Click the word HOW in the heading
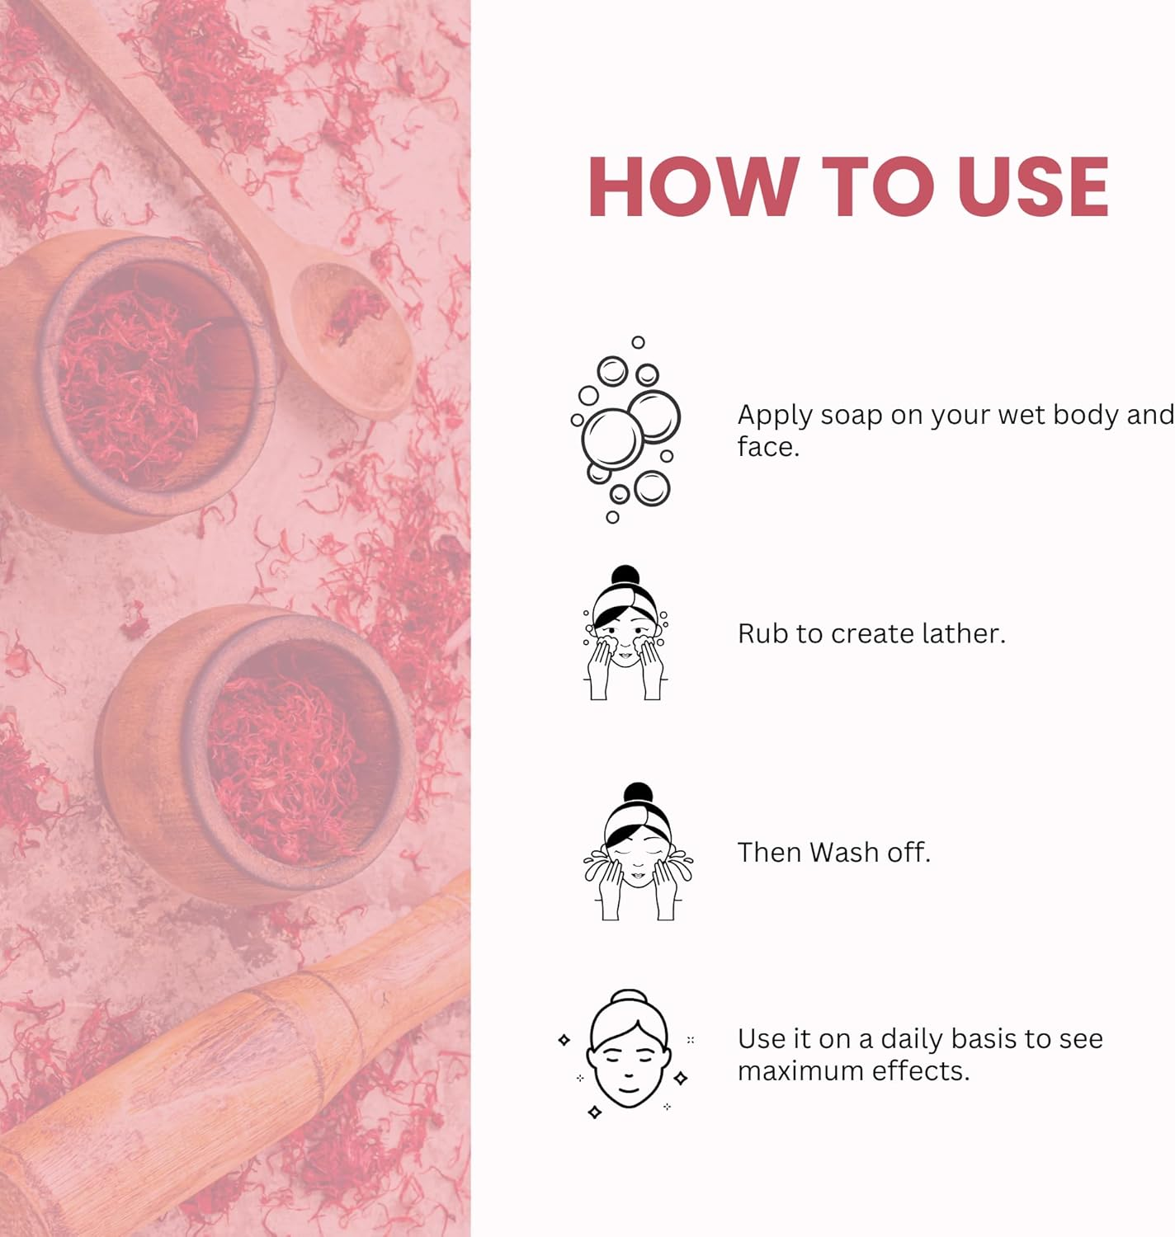[x=693, y=187]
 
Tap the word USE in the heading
[x=1033, y=187]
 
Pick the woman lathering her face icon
[x=625, y=633]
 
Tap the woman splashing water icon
[x=637, y=851]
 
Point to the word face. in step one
[x=768, y=447]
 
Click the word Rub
[x=762, y=633]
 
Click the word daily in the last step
[x=911, y=1040]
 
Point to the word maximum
[x=798, y=1071]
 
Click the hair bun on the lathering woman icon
[x=625, y=575]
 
